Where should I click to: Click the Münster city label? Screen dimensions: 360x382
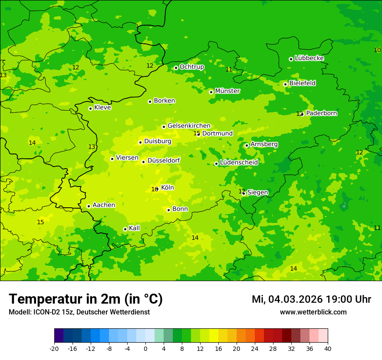click(227, 91)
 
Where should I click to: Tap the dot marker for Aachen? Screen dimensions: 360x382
click(89, 206)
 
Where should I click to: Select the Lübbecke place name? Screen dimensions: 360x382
click(309, 58)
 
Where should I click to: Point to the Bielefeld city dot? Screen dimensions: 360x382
click(285, 84)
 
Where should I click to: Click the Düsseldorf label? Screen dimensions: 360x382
click(164, 160)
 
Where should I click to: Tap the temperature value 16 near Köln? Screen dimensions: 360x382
click(154, 190)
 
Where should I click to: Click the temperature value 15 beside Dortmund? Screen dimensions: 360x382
click(196, 133)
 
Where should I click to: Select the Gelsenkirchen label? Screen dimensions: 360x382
click(189, 126)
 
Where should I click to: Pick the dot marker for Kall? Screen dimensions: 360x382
click(125, 229)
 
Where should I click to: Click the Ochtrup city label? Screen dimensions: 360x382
click(191, 67)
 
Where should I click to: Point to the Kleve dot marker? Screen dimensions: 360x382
click(90, 108)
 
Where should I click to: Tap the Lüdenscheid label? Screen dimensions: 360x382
click(239, 163)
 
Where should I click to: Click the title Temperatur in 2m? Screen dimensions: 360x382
click(86, 299)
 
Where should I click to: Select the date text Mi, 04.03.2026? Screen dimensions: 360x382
click(287, 299)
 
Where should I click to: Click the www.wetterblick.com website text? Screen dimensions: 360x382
click(313, 312)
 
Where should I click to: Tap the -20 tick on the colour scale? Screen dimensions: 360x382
click(54, 348)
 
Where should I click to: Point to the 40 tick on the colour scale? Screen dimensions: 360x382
click(327, 348)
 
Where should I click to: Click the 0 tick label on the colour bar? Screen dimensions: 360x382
click(145, 348)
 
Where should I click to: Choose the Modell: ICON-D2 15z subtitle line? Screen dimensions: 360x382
click(79, 312)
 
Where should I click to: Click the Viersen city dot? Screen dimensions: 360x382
click(112, 159)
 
